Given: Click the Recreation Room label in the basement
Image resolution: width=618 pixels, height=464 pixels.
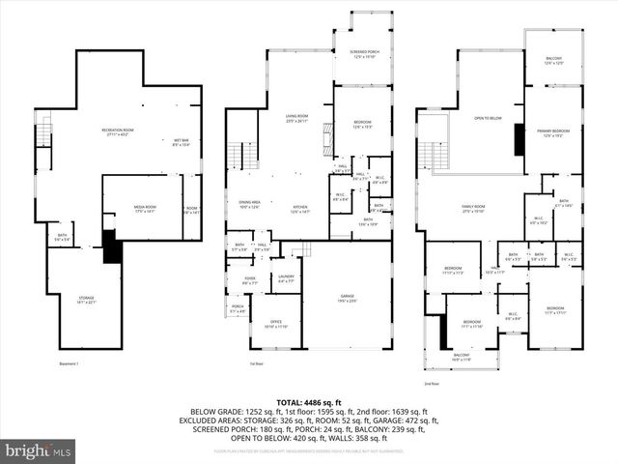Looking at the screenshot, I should (117, 130).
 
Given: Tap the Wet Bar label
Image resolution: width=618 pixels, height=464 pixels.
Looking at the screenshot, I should (181, 143).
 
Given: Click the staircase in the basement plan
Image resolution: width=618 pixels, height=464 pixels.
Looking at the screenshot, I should (42, 128).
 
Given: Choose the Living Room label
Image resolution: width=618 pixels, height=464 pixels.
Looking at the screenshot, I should (296, 119).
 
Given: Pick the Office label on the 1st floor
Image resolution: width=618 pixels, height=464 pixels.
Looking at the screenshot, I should (275, 325).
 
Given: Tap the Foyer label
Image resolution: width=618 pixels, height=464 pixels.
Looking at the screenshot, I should (249, 280).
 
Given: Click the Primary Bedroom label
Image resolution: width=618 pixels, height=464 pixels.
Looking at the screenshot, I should (553, 133).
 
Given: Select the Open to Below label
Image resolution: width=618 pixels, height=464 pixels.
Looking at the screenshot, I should (487, 118).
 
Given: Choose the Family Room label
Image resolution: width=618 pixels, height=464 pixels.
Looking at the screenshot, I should (473, 209).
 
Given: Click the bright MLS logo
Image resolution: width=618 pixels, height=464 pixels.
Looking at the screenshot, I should (39, 450).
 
